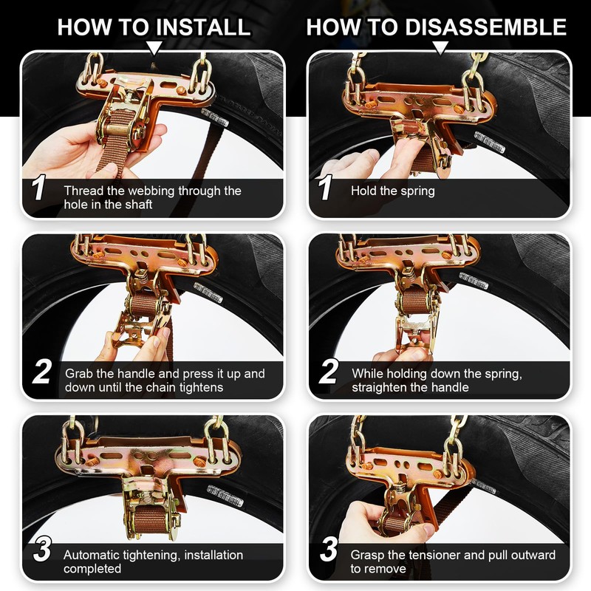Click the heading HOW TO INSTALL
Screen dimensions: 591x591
(x=154, y=27)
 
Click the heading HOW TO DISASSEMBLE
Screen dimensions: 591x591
(x=436, y=27)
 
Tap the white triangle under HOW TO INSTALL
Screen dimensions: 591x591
(x=154, y=47)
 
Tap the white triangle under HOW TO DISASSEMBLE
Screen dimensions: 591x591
(x=440, y=47)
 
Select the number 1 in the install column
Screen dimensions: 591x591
(x=39, y=188)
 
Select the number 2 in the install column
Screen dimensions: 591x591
(x=41, y=372)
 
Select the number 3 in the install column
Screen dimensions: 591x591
(x=42, y=549)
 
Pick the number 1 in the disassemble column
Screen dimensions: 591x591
(x=325, y=188)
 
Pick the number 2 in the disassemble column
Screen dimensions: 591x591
(x=328, y=372)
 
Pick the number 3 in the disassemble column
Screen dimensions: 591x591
(x=329, y=549)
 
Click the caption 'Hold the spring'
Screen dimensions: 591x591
(x=393, y=191)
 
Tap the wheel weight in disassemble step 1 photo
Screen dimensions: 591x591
(x=489, y=142)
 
